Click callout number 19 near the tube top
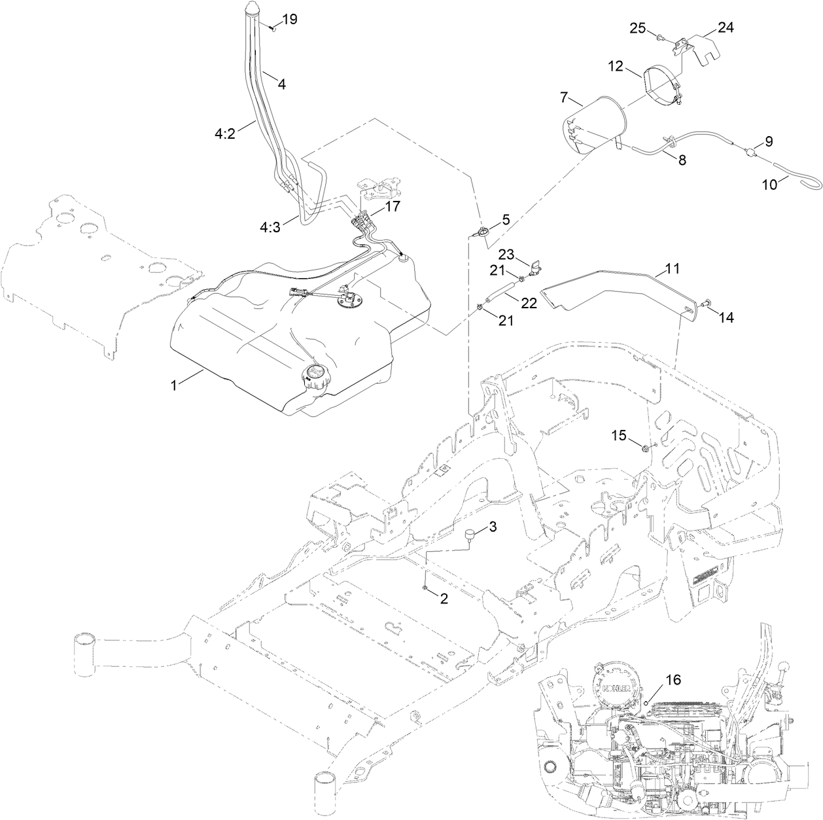[x=289, y=19]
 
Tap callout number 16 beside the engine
[x=673, y=681]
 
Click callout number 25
[x=638, y=27]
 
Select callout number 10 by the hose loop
[x=769, y=185]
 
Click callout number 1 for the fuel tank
[x=174, y=386]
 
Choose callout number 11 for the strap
[x=672, y=268]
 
